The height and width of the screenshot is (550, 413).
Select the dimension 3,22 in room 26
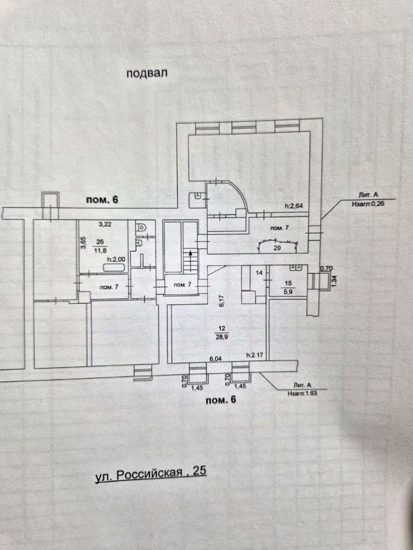point(104,225)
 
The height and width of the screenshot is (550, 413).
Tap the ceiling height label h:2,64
point(294,206)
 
